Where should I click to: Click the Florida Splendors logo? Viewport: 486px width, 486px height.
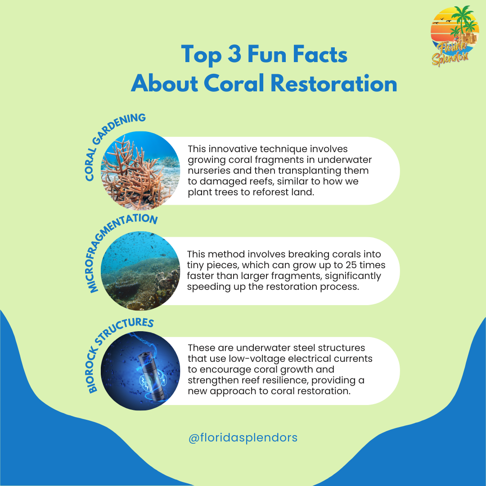[454, 36]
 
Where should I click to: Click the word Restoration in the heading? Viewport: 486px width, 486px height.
[334, 83]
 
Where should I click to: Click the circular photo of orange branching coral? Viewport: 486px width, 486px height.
[140, 171]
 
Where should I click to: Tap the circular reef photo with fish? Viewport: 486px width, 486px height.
[140, 270]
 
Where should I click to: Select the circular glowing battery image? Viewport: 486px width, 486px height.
[140, 371]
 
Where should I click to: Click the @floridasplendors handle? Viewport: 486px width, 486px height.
[243, 438]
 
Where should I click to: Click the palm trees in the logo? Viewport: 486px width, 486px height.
[464, 20]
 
